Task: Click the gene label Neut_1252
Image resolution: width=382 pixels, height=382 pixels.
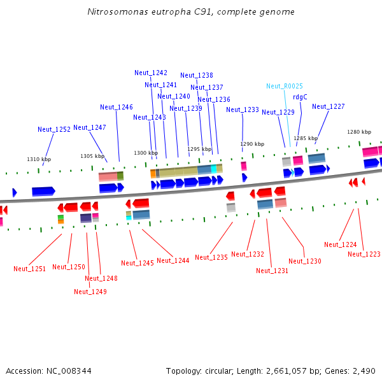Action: (54, 129)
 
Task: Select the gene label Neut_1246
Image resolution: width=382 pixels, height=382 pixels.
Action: (117, 107)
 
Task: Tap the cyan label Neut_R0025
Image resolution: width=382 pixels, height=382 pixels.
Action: (285, 86)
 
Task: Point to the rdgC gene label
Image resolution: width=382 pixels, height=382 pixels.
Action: (300, 97)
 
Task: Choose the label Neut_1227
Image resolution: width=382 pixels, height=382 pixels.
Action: (329, 106)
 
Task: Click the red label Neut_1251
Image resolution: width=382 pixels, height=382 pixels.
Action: (30, 269)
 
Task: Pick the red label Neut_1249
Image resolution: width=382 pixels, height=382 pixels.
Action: (90, 292)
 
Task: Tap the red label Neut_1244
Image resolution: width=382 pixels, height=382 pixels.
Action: (173, 260)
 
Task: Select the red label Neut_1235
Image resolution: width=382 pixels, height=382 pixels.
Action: (211, 257)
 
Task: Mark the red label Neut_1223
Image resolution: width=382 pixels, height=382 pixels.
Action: (364, 254)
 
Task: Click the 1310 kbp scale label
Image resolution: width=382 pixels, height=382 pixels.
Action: (37, 159)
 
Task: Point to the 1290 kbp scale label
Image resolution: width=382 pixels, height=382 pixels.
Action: (251, 144)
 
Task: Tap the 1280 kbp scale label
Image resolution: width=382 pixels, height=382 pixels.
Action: (358, 132)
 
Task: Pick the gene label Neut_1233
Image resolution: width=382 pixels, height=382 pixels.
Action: (243, 110)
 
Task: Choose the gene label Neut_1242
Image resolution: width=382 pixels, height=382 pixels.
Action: (151, 73)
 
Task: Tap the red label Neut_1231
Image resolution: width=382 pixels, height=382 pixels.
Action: (272, 271)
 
